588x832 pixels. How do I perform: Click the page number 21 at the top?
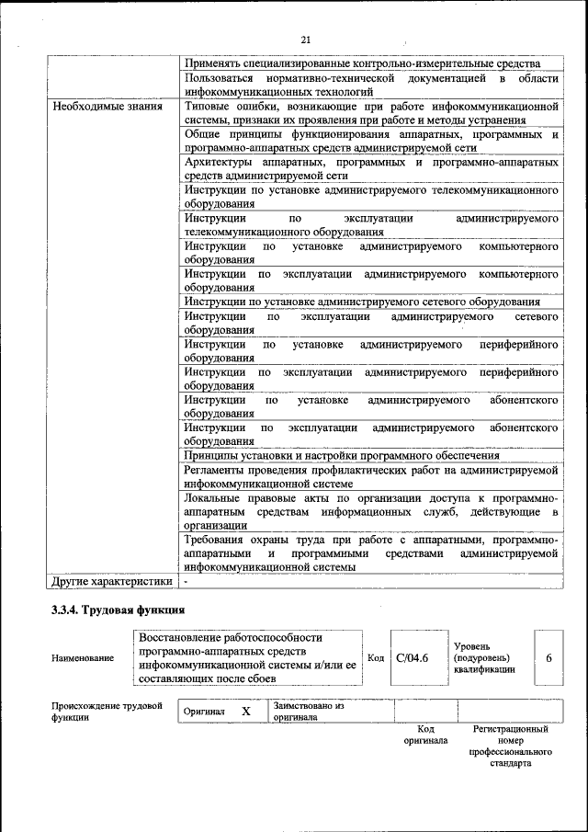[x=305, y=39]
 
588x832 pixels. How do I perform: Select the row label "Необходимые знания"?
[x=107, y=106]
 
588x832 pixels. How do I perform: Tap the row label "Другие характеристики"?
[x=112, y=581]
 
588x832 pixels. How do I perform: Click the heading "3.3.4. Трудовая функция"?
[x=119, y=610]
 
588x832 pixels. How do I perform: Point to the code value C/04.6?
[x=413, y=657]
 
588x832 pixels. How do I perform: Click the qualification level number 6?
[x=548, y=657]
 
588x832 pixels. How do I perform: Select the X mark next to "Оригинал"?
[x=246, y=712]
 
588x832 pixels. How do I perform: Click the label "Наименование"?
[x=84, y=658]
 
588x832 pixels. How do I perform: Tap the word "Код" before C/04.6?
[x=376, y=657]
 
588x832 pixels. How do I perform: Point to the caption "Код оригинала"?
[x=425, y=735]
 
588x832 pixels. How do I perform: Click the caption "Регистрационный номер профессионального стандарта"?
[x=510, y=746]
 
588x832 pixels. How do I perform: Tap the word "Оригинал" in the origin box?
[x=204, y=712]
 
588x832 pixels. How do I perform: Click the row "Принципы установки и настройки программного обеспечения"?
[x=342, y=455]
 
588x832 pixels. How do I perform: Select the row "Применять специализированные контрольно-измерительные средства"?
[x=360, y=63]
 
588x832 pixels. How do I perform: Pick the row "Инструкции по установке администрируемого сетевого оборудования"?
[x=362, y=302]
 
